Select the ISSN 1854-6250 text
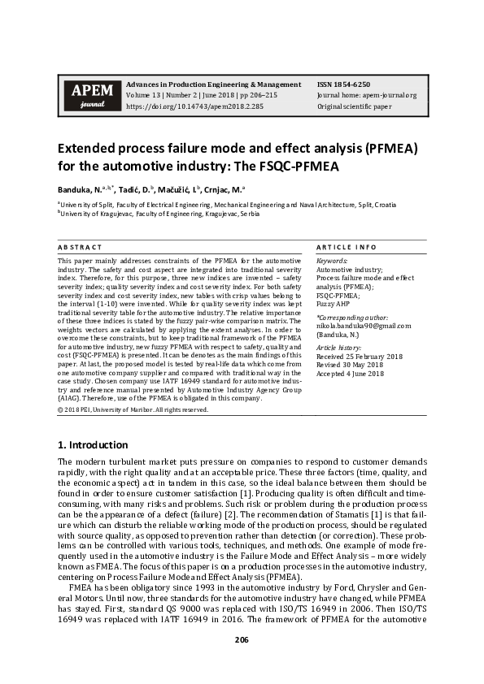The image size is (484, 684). point(345,84)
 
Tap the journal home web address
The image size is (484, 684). point(368,95)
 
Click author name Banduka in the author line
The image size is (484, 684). point(75,188)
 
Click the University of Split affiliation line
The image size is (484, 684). point(228,206)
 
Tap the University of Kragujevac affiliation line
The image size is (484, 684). point(159,214)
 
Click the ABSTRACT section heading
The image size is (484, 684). point(80,246)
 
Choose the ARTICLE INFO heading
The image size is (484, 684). point(345,246)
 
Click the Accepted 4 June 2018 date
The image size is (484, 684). point(350,374)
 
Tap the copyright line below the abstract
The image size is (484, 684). point(133,410)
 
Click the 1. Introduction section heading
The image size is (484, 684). point(93,445)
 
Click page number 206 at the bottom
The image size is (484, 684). point(242,639)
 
